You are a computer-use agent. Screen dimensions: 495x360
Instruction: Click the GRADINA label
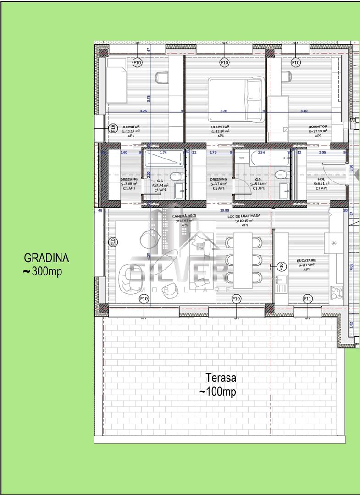tap(46, 258)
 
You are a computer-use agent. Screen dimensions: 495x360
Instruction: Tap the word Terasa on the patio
tap(221, 378)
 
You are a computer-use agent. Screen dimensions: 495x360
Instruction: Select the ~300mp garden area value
tap(43, 271)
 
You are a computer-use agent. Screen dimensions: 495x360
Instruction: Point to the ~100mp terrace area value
tap(218, 392)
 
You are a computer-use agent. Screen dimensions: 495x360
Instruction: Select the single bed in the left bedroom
tap(116, 80)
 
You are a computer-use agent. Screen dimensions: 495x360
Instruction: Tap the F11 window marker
tap(308, 299)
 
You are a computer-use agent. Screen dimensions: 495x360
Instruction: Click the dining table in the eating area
tap(243, 260)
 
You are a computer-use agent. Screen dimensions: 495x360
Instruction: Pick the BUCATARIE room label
tap(307, 260)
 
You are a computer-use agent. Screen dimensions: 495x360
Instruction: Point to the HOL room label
tap(321, 179)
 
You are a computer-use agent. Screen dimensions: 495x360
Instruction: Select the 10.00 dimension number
tap(224, 210)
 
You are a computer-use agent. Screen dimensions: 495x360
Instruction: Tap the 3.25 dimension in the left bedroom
tap(143, 111)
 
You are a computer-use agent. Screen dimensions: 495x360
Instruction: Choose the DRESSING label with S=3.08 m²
tap(129, 180)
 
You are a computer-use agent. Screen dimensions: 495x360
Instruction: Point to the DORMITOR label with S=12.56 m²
tap(220, 127)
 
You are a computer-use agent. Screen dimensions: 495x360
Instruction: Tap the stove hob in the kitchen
tap(337, 292)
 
